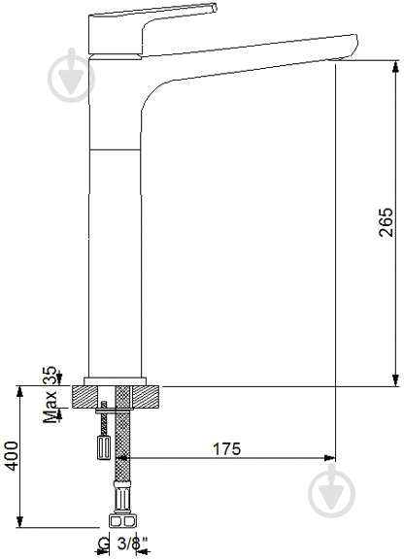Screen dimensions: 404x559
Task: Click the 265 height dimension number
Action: [x=386, y=222]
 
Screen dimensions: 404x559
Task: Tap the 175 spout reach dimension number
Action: [x=227, y=448]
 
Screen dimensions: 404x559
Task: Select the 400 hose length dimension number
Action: [x=13, y=456]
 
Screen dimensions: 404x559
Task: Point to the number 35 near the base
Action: [x=50, y=375]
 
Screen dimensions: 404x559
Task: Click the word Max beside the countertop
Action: [x=50, y=408]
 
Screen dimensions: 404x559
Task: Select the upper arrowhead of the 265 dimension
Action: [x=395, y=67]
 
